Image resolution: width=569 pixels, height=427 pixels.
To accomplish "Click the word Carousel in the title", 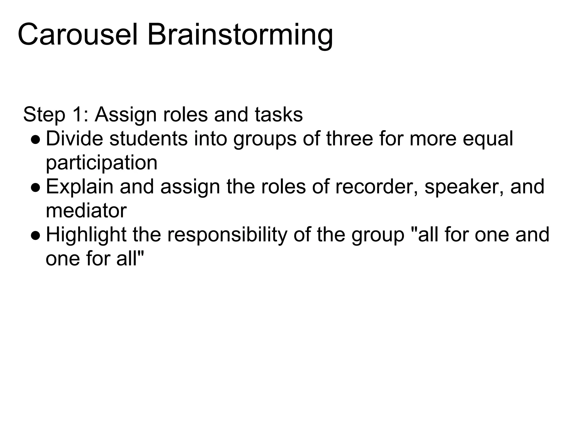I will (78, 35).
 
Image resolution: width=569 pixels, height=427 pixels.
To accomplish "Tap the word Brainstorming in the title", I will (240, 35).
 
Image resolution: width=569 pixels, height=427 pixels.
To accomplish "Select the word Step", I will (44, 115).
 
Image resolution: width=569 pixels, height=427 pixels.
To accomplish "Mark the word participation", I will (101, 163).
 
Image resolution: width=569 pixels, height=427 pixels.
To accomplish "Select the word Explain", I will (79, 187).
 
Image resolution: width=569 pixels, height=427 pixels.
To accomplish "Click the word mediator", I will (86, 211).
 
